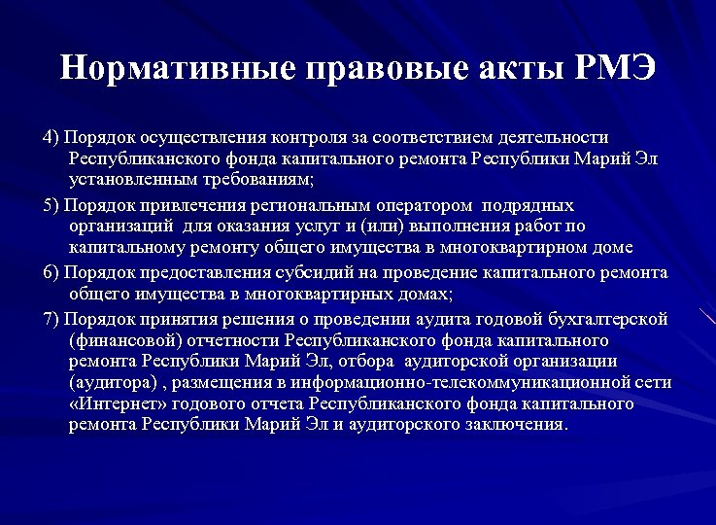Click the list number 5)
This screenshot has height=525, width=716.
pyautogui.click(x=52, y=205)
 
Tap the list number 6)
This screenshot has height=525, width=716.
pyautogui.click(x=52, y=273)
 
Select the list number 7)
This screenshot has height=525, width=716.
pyautogui.click(x=52, y=319)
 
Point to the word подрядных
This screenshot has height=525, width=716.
pyautogui.click(x=531, y=205)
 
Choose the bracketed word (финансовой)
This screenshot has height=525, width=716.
pyautogui.click(x=123, y=341)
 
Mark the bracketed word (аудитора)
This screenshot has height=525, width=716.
pyautogui.click(x=113, y=382)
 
